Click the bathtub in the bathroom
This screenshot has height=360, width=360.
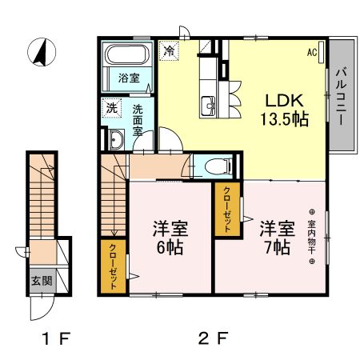coord(127,57)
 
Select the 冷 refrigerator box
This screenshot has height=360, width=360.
coord(169,50)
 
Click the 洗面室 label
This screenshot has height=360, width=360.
coord(138,120)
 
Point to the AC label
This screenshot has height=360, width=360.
coord(313,53)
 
